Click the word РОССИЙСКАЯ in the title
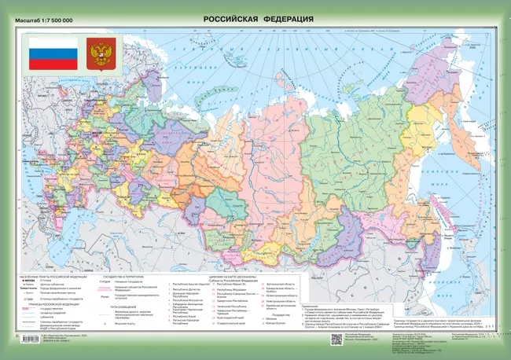pyautogui.click(x=233, y=18)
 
